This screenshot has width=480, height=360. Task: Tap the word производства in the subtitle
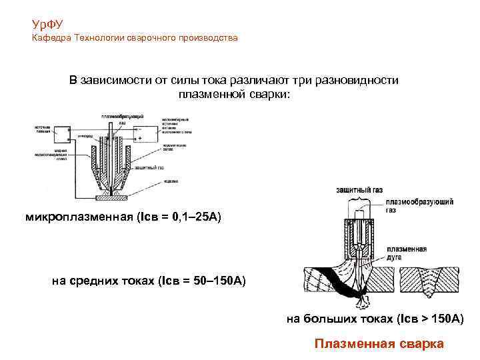tap(207, 38)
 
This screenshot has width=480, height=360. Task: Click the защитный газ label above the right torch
tap(359, 191)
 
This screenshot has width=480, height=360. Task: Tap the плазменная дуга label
tap(410, 253)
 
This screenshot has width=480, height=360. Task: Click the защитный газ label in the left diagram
tap(149, 167)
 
